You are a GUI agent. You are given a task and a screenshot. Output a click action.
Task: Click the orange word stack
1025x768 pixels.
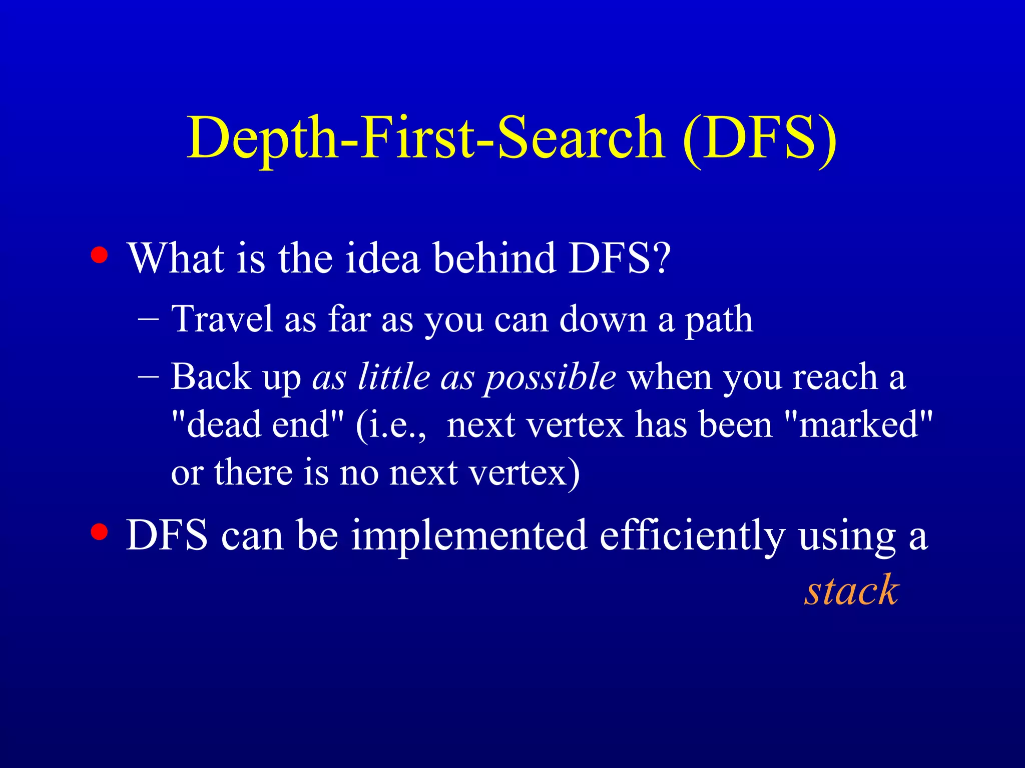852,590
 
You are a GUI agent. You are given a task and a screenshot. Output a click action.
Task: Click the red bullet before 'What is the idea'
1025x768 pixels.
100,255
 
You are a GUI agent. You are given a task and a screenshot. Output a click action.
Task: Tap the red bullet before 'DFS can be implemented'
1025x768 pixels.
100,532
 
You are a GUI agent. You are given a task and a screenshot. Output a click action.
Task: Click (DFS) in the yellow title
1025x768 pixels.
759,137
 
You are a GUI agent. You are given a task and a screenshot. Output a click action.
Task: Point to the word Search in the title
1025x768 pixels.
581,137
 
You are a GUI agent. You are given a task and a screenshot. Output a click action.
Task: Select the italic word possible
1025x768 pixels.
551,378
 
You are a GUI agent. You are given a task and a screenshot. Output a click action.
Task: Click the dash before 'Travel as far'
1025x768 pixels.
148,318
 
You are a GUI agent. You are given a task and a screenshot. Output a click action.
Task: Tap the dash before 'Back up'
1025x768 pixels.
148,376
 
